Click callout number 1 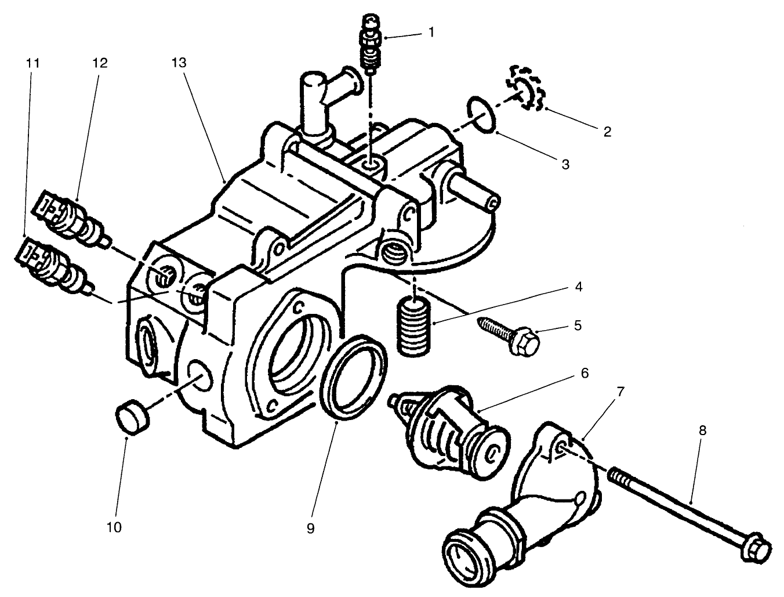431,32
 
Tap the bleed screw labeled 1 368,46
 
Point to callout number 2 607,132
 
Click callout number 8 702,430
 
